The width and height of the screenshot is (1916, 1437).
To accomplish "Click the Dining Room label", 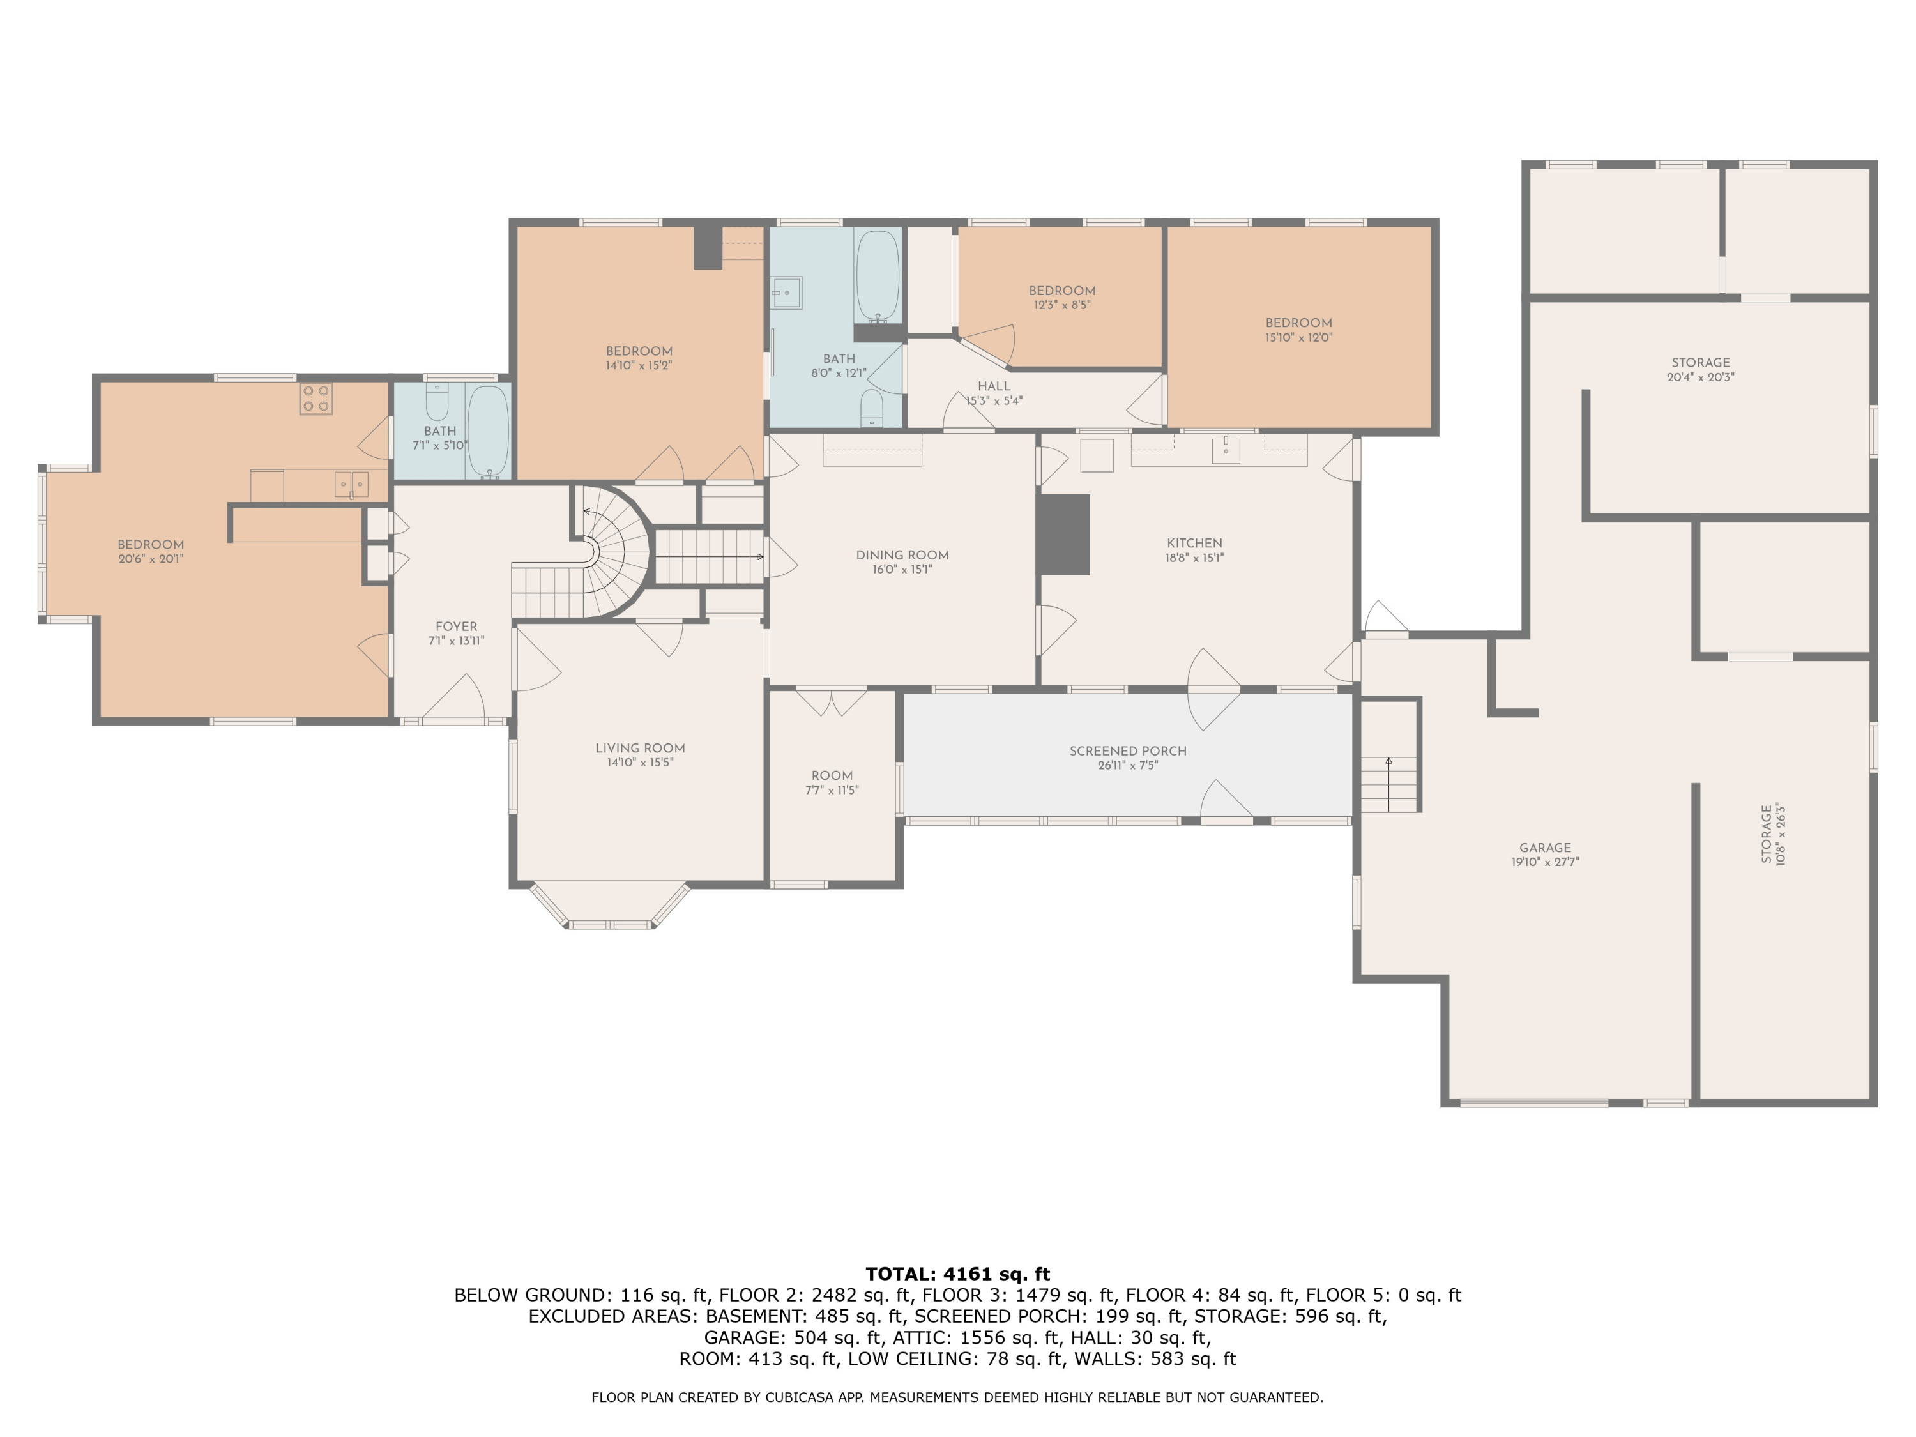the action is (902, 555).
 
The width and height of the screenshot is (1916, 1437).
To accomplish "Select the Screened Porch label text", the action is (1128, 751).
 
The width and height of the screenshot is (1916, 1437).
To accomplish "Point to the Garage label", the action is (1546, 848).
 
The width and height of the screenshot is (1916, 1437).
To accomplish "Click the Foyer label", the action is (457, 627).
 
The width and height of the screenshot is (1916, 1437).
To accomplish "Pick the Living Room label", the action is (640, 749).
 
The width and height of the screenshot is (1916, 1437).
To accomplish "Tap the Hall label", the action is (994, 386).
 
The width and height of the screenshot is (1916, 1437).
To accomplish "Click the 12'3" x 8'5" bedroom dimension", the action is (1062, 305).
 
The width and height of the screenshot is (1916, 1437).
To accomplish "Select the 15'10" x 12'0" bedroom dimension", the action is (1298, 338).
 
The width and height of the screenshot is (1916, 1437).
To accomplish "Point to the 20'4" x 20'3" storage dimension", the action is (1700, 377).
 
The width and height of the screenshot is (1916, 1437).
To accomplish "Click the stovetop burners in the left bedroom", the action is (316, 399).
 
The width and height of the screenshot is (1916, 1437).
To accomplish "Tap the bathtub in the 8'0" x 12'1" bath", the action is (878, 275).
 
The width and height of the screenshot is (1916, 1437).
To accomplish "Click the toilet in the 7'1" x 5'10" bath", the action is (437, 403).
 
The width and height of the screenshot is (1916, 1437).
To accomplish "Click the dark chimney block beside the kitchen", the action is (1063, 535).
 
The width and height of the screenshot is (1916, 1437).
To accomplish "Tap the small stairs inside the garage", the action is (1389, 784).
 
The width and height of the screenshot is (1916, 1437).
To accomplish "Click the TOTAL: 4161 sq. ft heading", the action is (957, 1274).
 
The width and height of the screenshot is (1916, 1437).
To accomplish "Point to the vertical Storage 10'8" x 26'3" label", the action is (1773, 834).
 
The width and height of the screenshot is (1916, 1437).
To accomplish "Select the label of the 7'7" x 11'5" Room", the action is (832, 776).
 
